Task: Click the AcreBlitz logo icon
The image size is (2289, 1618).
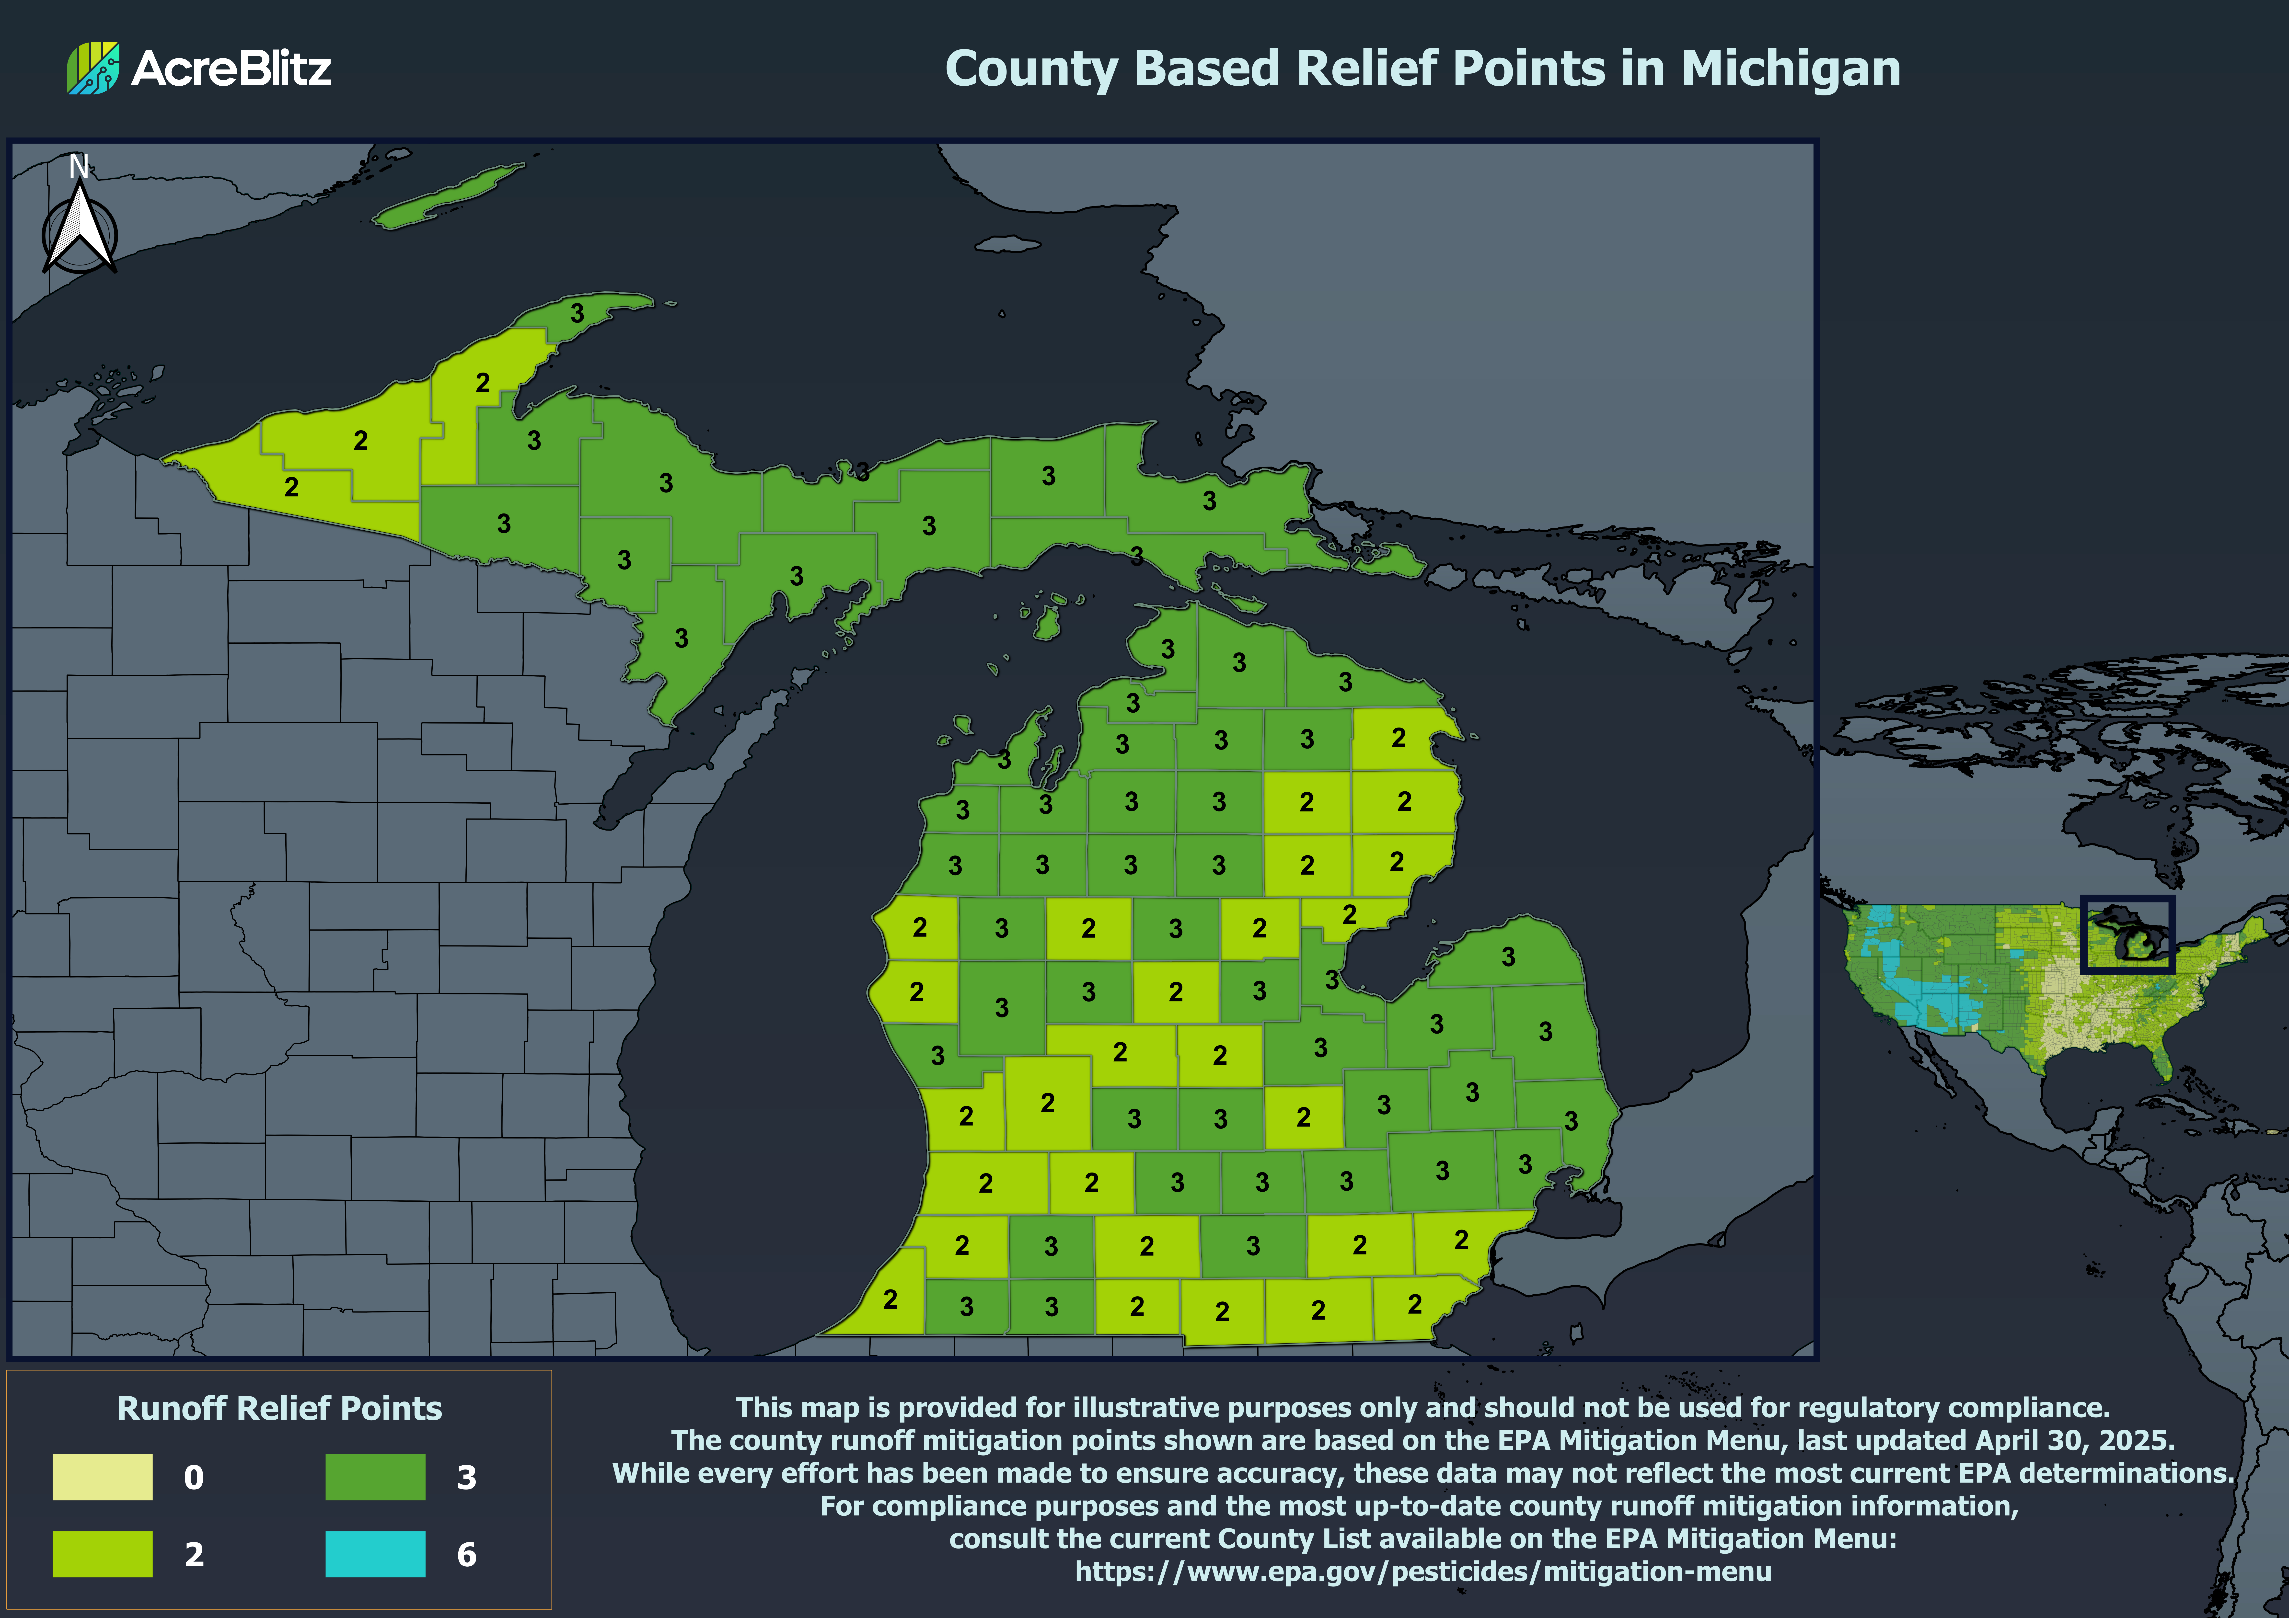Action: pyautogui.click(x=93, y=68)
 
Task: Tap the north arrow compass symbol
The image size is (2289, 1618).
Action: pyautogui.click(x=80, y=229)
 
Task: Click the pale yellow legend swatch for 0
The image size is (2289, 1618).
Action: pyautogui.click(x=103, y=1476)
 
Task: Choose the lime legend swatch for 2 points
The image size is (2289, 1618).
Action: pyautogui.click(x=103, y=1553)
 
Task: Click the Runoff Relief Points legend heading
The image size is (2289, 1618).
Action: pyautogui.click(x=279, y=1408)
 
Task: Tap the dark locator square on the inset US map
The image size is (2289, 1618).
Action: pyautogui.click(x=2127, y=934)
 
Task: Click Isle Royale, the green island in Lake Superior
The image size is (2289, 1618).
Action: pyautogui.click(x=449, y=196)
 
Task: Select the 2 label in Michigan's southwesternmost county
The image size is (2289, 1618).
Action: pyautogui.click(x=890, y=1299)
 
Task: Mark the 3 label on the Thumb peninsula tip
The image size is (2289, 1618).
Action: pyautogui.click(x=1508, y=957)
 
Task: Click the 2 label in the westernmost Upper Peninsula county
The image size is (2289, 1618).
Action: pyautogui.click(x=291, y=488)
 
